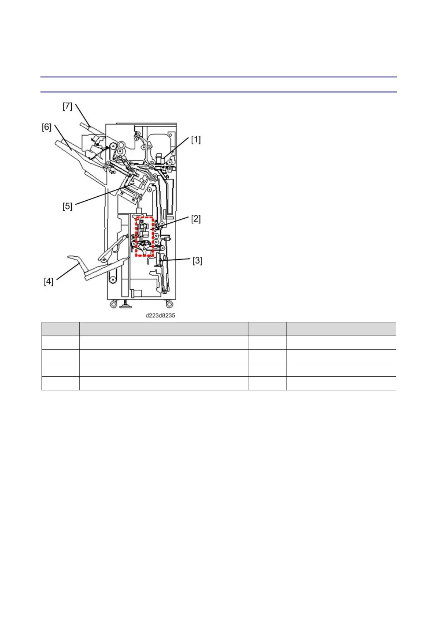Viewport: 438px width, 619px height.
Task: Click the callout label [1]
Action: tap(196, 140)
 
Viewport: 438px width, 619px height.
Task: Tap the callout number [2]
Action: tap(196, 219)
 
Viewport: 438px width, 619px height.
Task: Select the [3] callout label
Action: tap(197, 261)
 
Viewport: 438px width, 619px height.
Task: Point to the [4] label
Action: tap(49, 282)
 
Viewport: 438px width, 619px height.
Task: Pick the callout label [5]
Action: tap(67, 206)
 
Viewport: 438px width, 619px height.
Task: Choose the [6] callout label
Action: tap(46, 127)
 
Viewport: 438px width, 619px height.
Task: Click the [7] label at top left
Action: tap(67, 106)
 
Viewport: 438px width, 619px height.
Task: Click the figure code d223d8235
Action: tap(160, 315)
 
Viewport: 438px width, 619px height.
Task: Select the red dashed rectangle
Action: tap(144, 236)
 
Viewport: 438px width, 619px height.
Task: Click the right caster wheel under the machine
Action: tap(169, 304)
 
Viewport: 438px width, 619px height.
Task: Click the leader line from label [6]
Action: tap(63, 138)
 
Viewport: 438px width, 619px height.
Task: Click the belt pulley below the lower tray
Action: tap(112, 281)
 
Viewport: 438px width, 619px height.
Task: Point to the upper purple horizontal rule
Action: tap(219, 77)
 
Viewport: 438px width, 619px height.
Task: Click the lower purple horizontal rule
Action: tap(219, 91)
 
